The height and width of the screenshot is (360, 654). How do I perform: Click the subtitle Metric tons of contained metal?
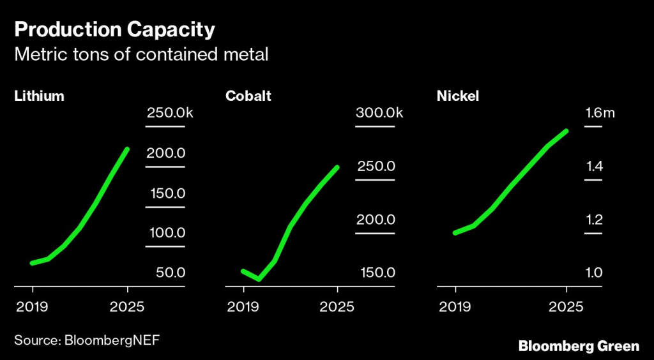coord(141,55)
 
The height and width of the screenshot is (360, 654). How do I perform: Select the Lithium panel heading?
coord(40,96)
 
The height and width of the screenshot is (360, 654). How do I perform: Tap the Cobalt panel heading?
coord(248,96)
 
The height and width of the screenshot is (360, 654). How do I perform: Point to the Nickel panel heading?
coord(458,96)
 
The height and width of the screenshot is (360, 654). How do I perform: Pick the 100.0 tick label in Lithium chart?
coord(167,233)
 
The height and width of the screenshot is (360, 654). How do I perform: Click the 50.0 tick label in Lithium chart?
coord(171,273)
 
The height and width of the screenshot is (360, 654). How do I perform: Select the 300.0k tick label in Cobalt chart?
coord(379,114)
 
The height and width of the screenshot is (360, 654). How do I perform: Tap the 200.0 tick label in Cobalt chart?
coord(376,220)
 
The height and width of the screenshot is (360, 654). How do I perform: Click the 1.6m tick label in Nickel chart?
coord(600,114)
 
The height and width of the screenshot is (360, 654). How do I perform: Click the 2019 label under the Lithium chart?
coord(31,306)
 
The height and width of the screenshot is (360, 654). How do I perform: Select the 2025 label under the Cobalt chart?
coord(337,306)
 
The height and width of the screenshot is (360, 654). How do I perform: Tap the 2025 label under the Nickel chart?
coord(566,306)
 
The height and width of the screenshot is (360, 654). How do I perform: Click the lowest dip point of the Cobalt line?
coord(259,280)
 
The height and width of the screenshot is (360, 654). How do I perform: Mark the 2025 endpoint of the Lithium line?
coord(128,149)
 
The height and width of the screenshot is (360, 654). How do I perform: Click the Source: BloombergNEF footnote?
coord(87,340)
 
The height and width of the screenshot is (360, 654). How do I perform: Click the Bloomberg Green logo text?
coord(579,346)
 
